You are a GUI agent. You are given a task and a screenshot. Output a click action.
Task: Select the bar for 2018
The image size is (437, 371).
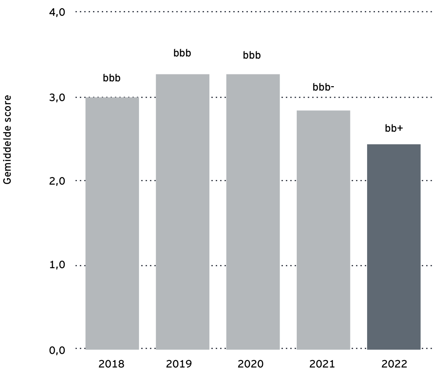(x=112, y=223)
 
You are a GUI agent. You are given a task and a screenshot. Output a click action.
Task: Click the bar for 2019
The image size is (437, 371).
(x=183, y=212)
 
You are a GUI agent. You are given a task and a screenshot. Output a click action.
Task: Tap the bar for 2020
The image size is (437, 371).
(x=253, y=212)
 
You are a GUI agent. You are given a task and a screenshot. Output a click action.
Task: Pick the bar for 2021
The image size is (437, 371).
(x=323, y=230)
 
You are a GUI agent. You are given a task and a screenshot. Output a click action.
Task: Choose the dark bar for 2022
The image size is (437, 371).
(x=394, y=247)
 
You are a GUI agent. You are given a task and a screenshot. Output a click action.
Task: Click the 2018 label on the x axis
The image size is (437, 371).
(x=112, y=364)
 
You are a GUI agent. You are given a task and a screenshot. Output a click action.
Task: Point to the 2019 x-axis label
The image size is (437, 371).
(x=183, y=364)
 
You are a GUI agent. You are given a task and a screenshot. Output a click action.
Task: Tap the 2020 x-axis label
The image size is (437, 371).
(x=253, y=364)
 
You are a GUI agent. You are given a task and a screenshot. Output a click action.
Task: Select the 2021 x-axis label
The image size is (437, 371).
(x=323, y=364)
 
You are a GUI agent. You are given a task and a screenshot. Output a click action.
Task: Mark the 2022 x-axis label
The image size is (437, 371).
(x=394, y=364)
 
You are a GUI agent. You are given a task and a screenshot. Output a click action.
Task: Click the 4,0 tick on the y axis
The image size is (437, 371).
(x=56, y=12)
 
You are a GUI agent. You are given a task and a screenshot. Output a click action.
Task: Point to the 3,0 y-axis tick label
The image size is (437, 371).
(x=56, y=97)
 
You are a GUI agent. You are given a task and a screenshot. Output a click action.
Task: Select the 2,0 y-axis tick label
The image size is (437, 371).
(x=56, y=181)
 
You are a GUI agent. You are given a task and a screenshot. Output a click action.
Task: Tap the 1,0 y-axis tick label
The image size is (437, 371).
(x=56, y=266)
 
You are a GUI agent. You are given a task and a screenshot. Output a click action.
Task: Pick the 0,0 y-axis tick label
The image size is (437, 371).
(x=56, y=350)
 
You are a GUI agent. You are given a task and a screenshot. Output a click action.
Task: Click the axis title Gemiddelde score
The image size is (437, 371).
(x=7, y=138)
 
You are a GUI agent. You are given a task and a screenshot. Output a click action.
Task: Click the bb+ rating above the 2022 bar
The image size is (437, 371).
(x=394, y=129)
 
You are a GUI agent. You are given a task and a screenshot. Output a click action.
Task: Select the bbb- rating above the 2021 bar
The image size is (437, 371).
(x=323, y=87)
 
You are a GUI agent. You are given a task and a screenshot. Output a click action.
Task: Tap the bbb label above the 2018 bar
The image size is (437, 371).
(x=111, y=78)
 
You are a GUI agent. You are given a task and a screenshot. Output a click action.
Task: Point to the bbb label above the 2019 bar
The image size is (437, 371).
(x=182, y=54)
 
